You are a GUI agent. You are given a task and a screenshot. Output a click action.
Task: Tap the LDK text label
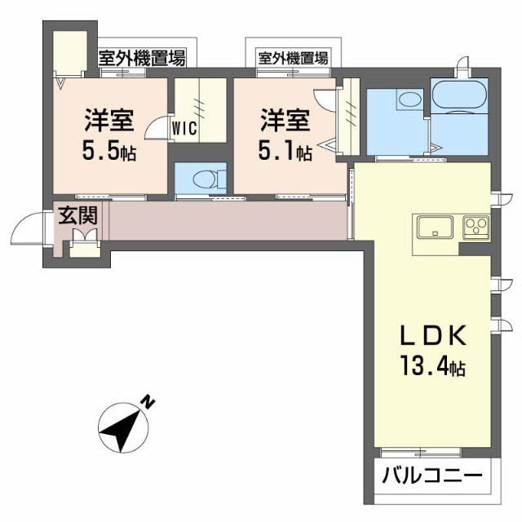tap(431, 336)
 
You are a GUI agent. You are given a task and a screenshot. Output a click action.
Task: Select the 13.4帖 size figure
tap(431, 367)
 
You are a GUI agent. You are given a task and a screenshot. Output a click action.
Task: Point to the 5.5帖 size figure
tap(108, 151)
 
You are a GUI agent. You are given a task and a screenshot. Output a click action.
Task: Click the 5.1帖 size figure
tap(285, 151)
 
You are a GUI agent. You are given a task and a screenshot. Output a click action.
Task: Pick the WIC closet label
tap(184, 127)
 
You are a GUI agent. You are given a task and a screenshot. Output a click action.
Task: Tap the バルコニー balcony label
tap(432, 475)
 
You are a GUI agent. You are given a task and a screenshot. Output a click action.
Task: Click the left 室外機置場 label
tap(142, 58)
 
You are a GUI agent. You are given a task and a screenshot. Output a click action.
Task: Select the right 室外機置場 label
tap(294, 58)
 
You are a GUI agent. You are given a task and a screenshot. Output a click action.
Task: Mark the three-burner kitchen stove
tap(476, 226)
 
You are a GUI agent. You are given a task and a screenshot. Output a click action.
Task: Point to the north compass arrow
tap(122, 427)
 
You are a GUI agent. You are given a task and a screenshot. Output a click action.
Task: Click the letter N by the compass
tap(148, 402)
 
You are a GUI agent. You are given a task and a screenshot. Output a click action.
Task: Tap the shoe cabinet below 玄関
tap(82, 243)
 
